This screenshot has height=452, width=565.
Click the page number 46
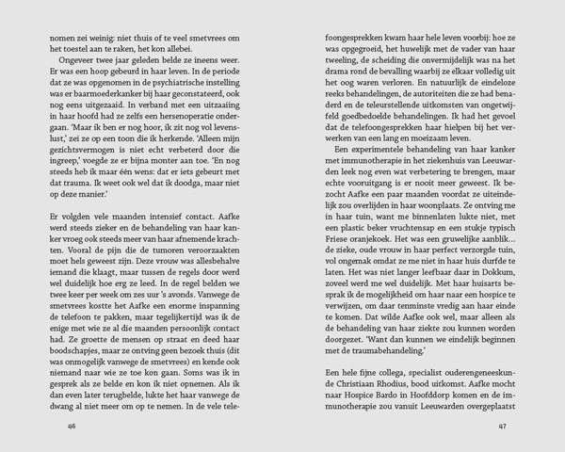[44, 424]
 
